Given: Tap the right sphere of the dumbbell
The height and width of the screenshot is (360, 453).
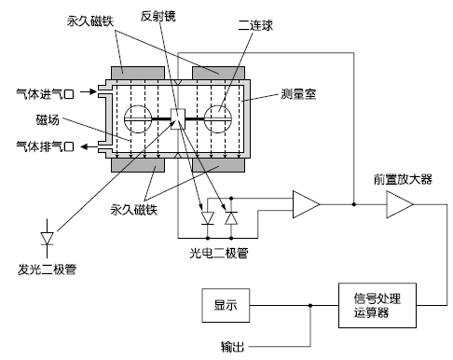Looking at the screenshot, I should click(x=223, y=118).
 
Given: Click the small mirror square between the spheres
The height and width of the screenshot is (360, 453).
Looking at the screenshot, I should click(x=180, y=118).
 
